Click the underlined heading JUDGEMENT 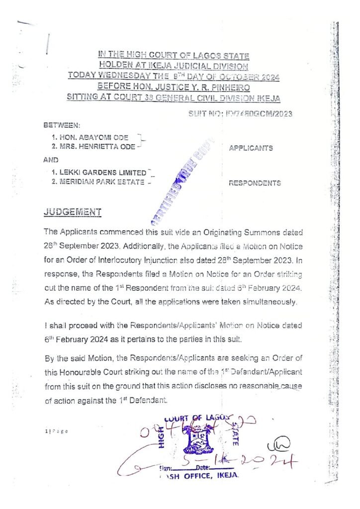[73, 212]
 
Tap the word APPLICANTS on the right [251, 148]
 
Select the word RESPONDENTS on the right [255, 183]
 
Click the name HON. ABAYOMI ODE [90, 137]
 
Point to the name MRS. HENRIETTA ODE [93, 146]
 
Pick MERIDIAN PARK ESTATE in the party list [97, 182]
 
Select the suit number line [240, 114]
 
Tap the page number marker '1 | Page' [56, 431]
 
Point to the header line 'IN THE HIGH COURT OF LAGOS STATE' [174, 55]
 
